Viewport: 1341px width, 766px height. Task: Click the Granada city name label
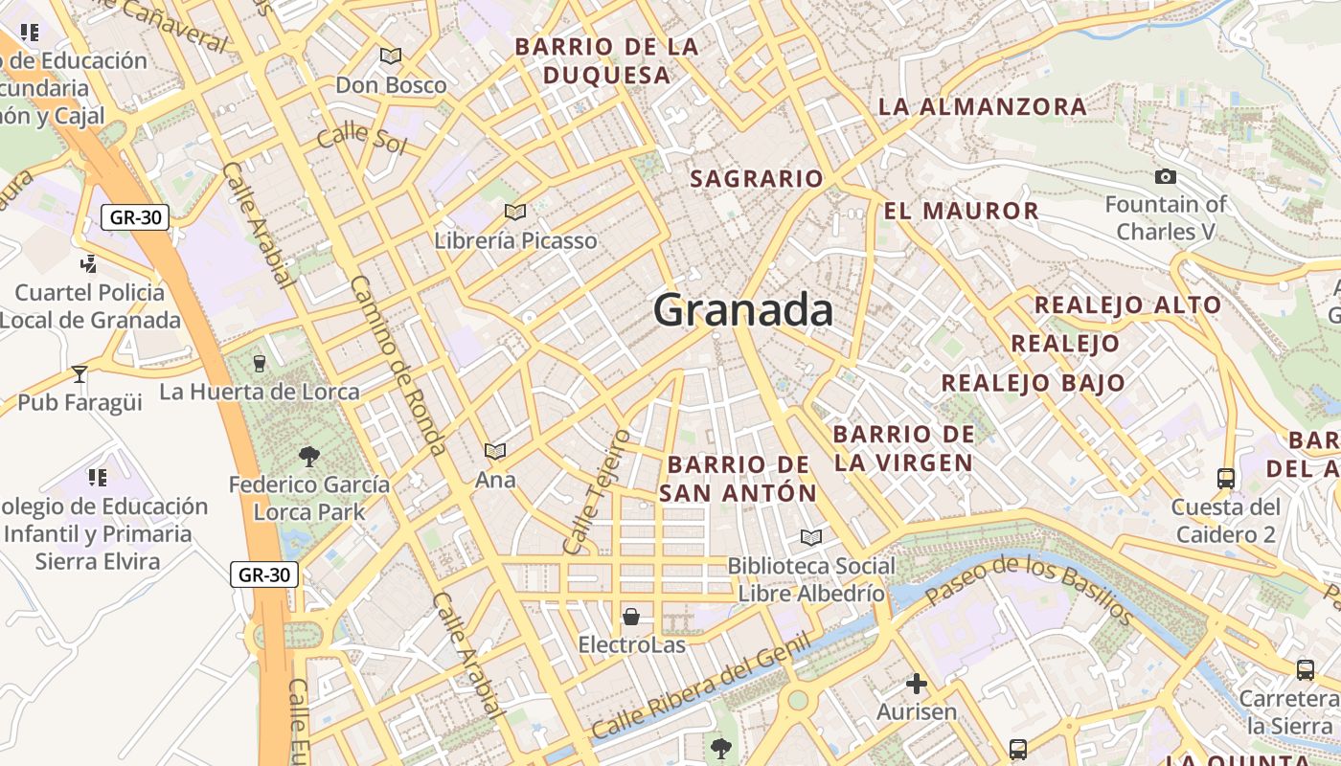pyautogui.click(x=743, y=311)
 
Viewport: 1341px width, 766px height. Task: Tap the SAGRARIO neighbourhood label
pyautogui.click(x=757, y=179)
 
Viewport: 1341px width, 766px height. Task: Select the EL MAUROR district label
pyautogui.click(x=961, y=212)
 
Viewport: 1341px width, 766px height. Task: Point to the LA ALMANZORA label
pyautogui.click(x=983, y=106)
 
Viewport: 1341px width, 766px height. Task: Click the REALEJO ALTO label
pyautogui.click(x=1127, y=305)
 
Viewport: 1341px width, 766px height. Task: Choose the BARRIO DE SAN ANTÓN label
pyautogui.click(x=739, y=479)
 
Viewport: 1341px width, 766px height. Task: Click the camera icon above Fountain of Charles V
pyautogui.click(x=1166, y=176)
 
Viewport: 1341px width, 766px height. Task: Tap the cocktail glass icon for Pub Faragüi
pyautogui.click(x=80, y=373)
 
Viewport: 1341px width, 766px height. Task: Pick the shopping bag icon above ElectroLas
pyautogui.click(x=631, y=617)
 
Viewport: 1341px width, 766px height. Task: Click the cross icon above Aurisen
pyautogui.click(x=917, y=684)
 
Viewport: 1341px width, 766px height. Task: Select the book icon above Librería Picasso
pyautogui.click(x=515, y=212)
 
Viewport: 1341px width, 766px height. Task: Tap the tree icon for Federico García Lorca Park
pyautogui.click(x=308, y=456)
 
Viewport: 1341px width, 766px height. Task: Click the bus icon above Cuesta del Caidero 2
pyautogui.click(x=1225, y=478)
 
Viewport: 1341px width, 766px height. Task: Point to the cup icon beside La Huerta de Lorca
pyautogui.click(x=259, y=363)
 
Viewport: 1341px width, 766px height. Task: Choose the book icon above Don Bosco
pyautogui.click(x=390, y=56)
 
